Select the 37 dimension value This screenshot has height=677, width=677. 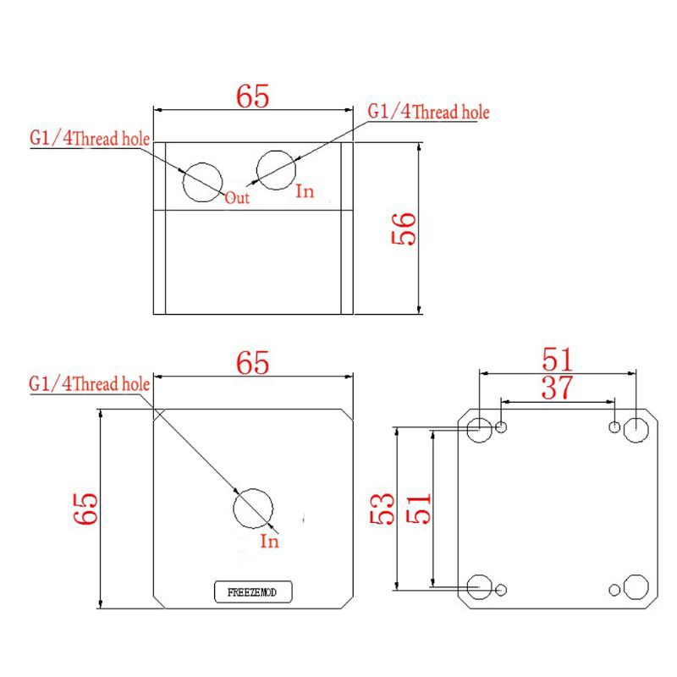tap(556, 388)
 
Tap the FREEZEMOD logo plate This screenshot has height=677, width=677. tap(253, 593)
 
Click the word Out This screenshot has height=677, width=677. tap(237, 198)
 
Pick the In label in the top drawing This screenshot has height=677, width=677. tap(305, 192)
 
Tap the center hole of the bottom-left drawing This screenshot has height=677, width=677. tap(253, 509)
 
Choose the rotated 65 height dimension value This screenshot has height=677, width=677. tap(86, 509)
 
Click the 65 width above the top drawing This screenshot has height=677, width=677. tap(252, 96)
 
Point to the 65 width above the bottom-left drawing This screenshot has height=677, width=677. tap(252, 363)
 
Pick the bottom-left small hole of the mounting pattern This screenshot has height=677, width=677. tap(503, 588)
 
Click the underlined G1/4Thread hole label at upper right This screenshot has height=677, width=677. tap(428, 113)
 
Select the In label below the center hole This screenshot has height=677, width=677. tap(269, 542)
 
